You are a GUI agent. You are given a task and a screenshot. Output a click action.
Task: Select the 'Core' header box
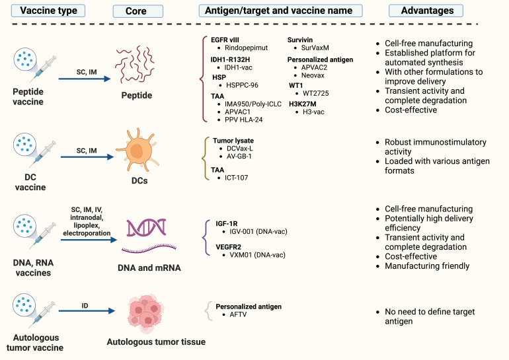pyautogui.click(x=136, y=11)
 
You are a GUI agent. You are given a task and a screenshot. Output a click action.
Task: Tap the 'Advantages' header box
pyautogui.click(x=430, y=11)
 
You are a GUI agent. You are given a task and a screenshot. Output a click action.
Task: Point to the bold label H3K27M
pyautogui.click(x=303, y=104)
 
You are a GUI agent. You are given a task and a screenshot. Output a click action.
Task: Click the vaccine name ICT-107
pyautogui.click(x=235, y=177)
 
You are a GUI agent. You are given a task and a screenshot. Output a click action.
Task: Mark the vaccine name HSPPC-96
pyautogui.click(x=240, y=85)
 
